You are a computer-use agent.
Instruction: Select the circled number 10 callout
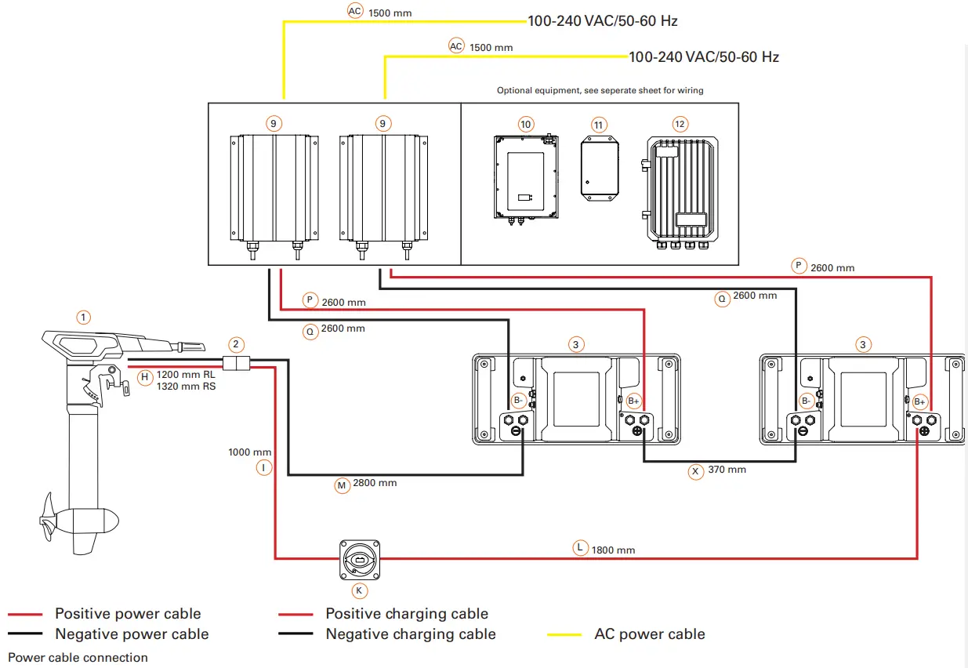pos(525,124)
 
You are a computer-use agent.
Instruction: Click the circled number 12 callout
pos(680,124)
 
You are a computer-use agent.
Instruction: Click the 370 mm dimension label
pos(726,470)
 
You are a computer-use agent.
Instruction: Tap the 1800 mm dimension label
pos(614,550)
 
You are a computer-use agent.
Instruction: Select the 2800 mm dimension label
pos(375,483)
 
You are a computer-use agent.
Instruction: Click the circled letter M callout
pos(342,486)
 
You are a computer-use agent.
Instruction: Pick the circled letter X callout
pos(694,471)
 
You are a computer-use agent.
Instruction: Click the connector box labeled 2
pos(236,363)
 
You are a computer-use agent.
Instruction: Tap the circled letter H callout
pos(144,377)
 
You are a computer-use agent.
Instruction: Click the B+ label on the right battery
pos(920,401)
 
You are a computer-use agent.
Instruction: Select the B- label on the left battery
pos(518,401)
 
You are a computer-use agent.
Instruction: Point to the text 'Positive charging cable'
pos(407,614)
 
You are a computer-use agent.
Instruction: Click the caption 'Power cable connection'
pos(78,657)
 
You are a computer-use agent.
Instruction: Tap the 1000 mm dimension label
pos(250,452)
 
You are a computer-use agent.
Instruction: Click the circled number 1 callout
pos(84,318)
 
